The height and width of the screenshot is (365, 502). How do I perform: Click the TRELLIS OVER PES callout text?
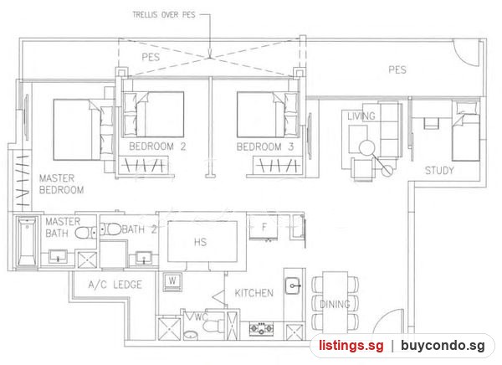pyautogui.click(x=164, y=15)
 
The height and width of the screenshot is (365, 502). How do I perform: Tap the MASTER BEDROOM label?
pyautogui.click(x=61, y=184)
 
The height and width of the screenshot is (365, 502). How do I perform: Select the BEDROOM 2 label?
pyautogui.click(x=157, y=147)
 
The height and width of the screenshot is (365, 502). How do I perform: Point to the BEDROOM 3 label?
pyautogui.click(x=264, y=147)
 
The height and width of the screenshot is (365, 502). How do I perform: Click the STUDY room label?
pyautogui.click(x=439, y=171)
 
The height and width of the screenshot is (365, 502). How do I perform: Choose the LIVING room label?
pyautogui.click(x=361, y=116)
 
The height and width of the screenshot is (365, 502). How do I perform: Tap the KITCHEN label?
pyautogui.click(x=254, y=293)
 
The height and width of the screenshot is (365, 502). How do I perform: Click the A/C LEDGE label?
pyautogui.click(x=115, y=285)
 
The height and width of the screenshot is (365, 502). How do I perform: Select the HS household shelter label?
pyautogui.click(x=201, y=242)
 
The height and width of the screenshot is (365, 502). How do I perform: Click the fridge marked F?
pyautogui.click(x=264, y=227)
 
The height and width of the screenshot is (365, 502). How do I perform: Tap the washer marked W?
pyautogui.click(x=172, y=281)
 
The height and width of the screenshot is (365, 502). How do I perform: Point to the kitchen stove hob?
pyautogui.click(x=262, y=328)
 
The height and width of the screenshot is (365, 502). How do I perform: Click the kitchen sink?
pyautogui.click(x=293, y=285)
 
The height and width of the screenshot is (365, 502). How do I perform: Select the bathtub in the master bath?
pyautogui.click(x=27, y=242)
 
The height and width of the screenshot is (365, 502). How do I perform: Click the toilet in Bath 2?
pyautogui.click(x=109, y=229)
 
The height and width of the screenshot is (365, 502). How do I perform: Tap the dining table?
pyautogui.click(x=335, y=303)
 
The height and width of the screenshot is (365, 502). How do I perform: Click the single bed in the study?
pyautogui.click(x=466, y=131)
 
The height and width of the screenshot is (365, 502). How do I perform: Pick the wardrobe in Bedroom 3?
pyautogui.click(x=277, y=166)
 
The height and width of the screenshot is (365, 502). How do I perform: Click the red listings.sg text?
pyautogui.click(x=351, y=346)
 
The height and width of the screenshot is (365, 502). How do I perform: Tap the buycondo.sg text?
pyautogui.click(x=443, y=346)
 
